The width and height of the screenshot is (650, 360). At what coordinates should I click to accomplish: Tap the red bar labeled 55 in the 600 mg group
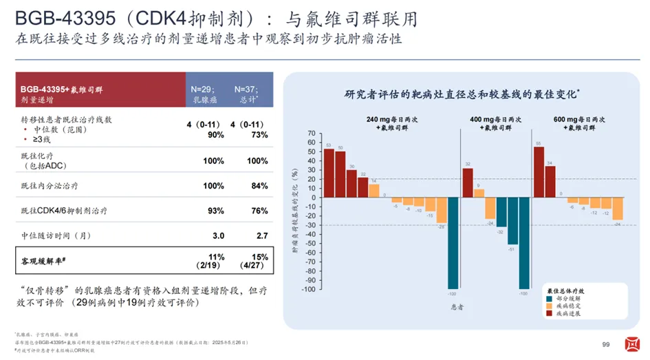[x=539, y=173]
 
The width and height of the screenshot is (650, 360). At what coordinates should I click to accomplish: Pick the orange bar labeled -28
[x=441, y=211]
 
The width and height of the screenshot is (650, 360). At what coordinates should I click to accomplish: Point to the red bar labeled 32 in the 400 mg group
[x=468, y=184]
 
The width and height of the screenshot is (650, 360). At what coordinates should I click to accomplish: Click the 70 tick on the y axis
[x=312, y=133]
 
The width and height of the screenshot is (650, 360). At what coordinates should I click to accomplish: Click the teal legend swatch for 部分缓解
[x=548, y=299]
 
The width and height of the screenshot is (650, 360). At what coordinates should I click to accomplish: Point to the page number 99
[x=606, y=345]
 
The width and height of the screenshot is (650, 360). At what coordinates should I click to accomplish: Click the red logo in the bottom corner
[x=630, y=344]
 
